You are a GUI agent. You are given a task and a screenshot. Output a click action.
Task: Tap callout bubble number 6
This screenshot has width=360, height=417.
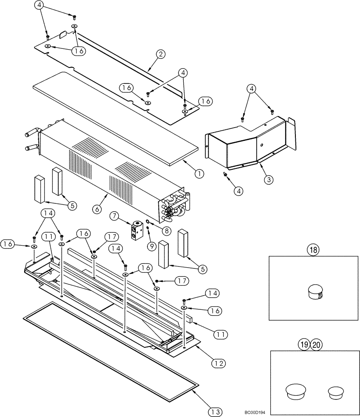point(97,209)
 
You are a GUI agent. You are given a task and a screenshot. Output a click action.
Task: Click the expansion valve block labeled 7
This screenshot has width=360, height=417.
point(136,231)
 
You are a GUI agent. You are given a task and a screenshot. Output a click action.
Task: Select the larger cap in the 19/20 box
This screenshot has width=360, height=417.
point(295,390)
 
